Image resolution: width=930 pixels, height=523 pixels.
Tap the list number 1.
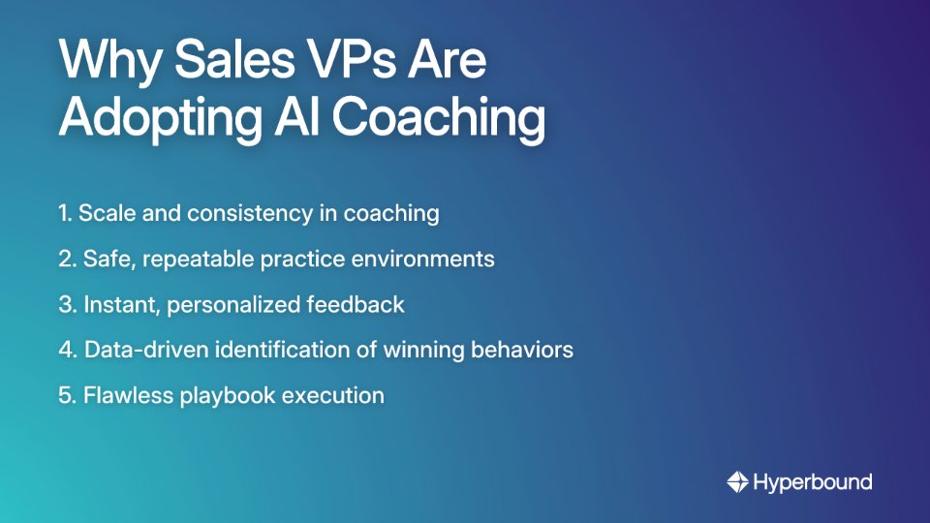coord(65,213)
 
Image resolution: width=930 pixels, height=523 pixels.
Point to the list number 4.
coord(67,350)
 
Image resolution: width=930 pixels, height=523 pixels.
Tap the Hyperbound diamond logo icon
coord(737,481)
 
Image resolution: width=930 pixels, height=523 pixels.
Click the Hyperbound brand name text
coord(812,481)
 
